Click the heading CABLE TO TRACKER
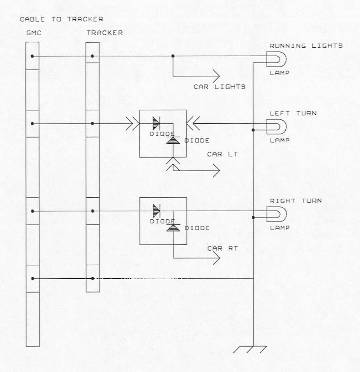(x=62, y=19)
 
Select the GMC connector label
(x=33, y=33)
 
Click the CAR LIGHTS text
(x=219, y=87)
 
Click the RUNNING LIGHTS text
(x=306, y=46)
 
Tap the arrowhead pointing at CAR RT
(x=216, y=258)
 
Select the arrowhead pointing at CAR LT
(x=216, y=171)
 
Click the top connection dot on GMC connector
(x=33, y=56)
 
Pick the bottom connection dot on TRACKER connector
(x=92, y=278)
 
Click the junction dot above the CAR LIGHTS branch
(x=173, y=56)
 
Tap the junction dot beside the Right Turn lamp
(x=253, y=217)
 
